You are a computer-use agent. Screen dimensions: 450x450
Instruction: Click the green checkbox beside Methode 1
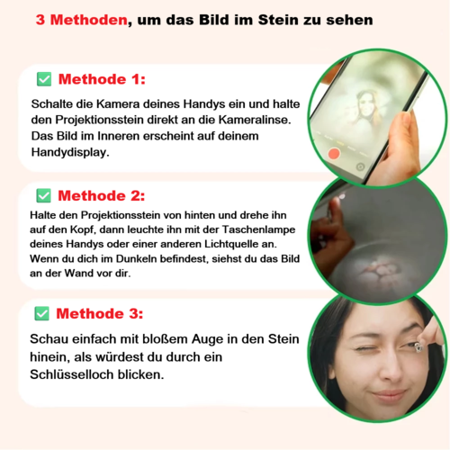(44, 79)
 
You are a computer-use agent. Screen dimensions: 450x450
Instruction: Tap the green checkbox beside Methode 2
(44, 195)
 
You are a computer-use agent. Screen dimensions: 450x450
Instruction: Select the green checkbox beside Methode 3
(42, 313)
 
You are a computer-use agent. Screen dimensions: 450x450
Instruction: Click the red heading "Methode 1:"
(102, 79)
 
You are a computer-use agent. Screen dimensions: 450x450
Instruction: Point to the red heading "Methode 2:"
(102, 195)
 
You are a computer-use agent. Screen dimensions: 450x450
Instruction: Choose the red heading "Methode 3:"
(100, 313)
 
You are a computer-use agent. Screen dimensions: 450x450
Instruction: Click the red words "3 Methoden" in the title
(82, 20)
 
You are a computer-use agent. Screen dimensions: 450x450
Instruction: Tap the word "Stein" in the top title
(278, 20)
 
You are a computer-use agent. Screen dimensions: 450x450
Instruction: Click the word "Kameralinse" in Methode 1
(255, 120)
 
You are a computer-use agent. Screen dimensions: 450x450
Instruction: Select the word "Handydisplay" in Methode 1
(70, 152)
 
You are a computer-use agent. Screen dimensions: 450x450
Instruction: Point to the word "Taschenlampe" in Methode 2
(258, 229)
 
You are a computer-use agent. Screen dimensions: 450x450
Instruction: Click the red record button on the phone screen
(334, 154)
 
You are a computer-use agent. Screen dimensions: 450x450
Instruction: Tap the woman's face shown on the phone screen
(365, 105)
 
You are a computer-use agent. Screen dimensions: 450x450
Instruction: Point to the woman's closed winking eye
(364, 348)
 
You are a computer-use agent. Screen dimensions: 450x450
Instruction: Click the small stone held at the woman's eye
(418, 347)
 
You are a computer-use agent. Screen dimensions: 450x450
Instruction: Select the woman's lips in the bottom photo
(389, 395)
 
